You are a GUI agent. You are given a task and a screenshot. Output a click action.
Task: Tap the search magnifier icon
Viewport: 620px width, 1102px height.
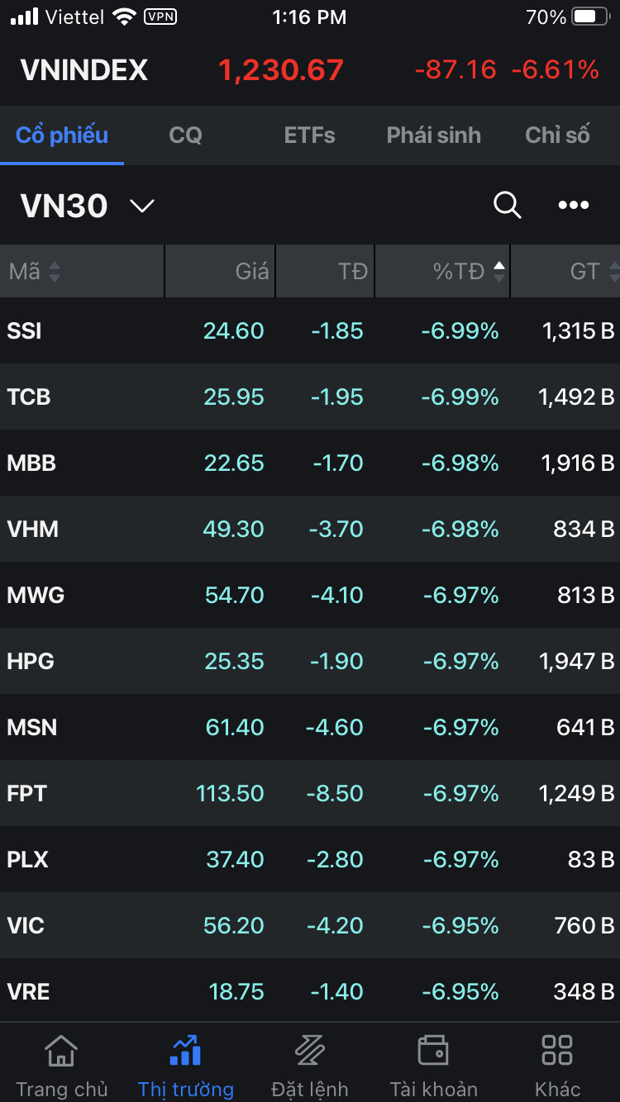[x=507, y=205]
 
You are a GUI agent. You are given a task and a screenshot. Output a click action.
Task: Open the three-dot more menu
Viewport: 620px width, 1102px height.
[x=574, y=205]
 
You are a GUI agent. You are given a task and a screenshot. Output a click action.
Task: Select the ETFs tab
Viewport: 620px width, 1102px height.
[x=309, y=135]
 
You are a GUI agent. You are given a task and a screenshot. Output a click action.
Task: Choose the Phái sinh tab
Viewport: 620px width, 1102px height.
[x=433, y=135]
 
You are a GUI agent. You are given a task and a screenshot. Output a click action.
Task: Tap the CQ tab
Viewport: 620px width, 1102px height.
[x=185, y=135]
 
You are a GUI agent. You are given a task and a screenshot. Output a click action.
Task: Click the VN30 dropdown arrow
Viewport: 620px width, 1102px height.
[x=142, y=206]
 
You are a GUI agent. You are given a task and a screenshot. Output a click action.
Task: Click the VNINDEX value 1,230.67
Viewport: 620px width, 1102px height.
[x=281, y=70]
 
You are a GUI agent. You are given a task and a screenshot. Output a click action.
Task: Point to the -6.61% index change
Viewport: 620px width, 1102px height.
[x=555, y=70]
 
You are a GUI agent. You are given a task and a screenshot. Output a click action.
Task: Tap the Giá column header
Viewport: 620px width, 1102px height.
[x=251, y=271]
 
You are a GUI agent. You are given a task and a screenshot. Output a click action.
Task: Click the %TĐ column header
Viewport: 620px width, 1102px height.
[x=460, y=271]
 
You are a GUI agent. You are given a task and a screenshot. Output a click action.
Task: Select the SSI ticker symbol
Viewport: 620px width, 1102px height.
[x=25, y=331]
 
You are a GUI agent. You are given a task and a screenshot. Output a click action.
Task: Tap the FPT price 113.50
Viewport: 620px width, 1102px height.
[x=230, y=794]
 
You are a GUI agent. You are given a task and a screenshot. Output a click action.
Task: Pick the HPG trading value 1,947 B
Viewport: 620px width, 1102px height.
[x=577, y=662]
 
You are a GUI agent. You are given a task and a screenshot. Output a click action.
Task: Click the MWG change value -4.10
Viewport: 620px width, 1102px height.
[x=336, y=596]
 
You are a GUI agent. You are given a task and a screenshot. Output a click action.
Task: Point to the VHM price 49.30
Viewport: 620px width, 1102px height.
[x=233, y=530]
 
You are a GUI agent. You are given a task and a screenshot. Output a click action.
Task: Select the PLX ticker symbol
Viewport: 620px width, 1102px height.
[x=28, y=860]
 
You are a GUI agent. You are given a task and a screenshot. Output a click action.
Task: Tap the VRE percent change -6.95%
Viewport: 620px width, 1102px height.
[x=460, y=992]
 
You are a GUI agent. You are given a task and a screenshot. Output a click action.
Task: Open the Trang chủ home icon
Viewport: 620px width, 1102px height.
[x=61, y=1051]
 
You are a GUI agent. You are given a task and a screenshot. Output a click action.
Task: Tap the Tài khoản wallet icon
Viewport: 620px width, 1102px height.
[x=433, y=1051]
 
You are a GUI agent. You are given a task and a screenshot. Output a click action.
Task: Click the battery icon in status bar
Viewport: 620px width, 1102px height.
[x=590, y=17]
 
